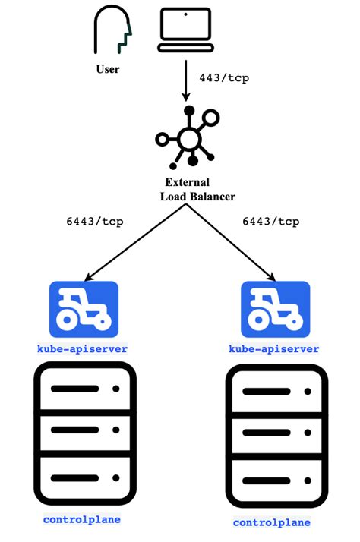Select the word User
[x=108, y=70]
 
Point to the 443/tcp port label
[x=223, y=77]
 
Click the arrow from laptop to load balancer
[x=185, y=80]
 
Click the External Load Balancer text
[x=197, y=190]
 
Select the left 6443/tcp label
[x=96, y=222]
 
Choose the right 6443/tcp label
[x=270, y=222]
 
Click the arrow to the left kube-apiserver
[x=133, y=243]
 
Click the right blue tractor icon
[x=274, y=308]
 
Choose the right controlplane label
[x=272, y=523]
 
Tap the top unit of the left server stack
[x=84, y=389]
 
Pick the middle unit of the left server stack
[x=84, y=431]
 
